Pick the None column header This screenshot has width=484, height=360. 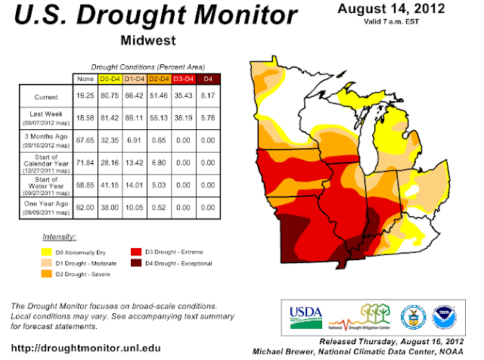[85, 79]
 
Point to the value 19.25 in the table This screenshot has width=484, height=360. [85, 97]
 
